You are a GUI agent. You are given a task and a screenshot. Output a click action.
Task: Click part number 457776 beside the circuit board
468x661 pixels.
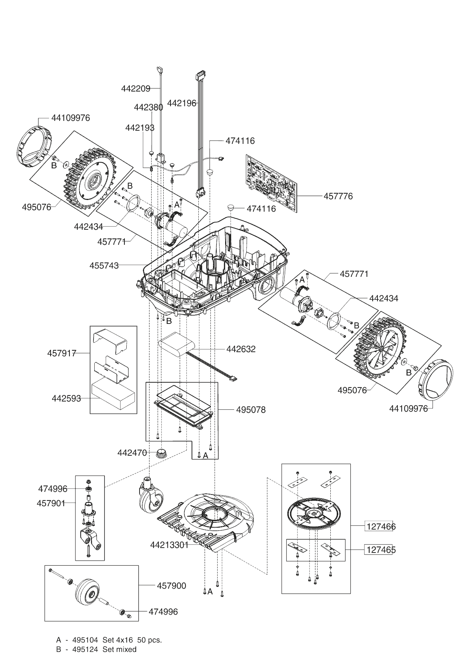(x=338, y=196)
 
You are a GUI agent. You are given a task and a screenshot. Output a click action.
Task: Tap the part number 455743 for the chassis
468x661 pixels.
(x=104, y=266)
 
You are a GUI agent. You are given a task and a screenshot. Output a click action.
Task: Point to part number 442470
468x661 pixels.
(x=132, y=453)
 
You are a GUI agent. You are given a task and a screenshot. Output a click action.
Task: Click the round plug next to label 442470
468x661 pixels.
(x=162, y=452)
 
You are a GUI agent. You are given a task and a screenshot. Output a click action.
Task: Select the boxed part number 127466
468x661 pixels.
(x=381, y=527)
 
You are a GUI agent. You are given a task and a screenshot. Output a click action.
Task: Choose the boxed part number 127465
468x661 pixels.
(x=381, y=550)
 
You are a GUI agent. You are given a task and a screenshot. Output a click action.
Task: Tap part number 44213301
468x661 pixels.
(x=169, y=545)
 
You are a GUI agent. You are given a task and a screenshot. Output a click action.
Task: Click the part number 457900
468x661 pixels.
(x=172, y=586)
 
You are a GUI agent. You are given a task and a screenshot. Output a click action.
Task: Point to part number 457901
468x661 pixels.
(x=51, y=503)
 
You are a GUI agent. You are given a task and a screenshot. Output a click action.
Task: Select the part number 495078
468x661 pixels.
(x=251, y=409)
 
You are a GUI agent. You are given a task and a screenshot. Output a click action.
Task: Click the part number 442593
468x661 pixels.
(x=66, y=398)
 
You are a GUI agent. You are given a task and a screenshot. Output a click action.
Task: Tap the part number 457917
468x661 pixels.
(x=62, y=353)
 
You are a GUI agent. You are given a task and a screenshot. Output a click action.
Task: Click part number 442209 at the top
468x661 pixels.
(x=136, y=89)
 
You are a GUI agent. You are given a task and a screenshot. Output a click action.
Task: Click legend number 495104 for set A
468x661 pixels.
(x=85, y=640)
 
